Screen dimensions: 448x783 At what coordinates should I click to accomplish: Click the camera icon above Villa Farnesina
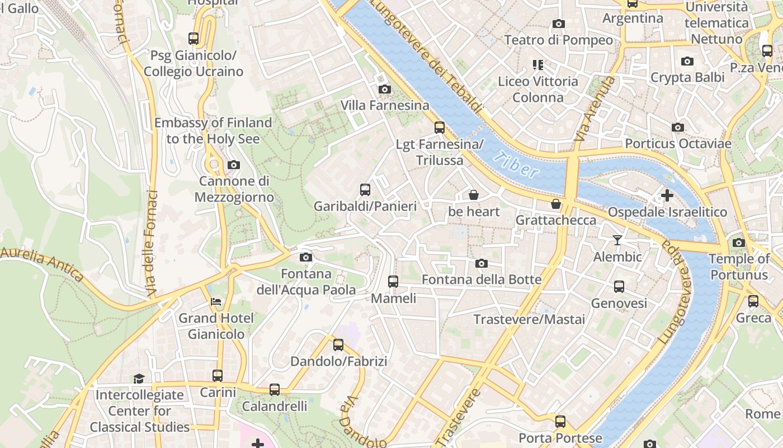click(x=384, y=89)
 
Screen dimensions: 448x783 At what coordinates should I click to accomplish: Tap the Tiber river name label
click(x=517, y=165)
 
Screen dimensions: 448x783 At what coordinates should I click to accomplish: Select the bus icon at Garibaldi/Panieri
click(x=365, y=190)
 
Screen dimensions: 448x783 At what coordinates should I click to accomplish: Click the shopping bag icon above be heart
click(x=474, y=195)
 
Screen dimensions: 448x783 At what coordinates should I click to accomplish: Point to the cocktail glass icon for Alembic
click(x=617, y=240)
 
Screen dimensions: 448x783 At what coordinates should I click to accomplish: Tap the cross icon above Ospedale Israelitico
click(x=667, y=195)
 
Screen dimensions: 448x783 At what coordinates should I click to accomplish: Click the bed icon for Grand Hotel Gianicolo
click(x=216, y=302)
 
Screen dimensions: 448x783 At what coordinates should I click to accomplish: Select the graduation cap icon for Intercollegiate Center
click(x=139, y=379)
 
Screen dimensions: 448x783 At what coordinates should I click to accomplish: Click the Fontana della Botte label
click(x=482, y=279)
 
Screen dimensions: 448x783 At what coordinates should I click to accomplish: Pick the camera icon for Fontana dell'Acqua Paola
click(x=305, y=257)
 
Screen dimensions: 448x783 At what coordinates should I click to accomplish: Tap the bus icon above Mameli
click(x=393, y=282)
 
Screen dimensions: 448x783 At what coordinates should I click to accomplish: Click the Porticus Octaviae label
click(x=678, y=144)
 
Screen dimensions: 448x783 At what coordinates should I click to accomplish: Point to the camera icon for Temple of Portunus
click(x=739, y=242)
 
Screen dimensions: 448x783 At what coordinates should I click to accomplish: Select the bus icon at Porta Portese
click(x=560, y=422)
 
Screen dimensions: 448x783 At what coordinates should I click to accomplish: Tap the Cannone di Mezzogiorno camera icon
click(x=234, y=165)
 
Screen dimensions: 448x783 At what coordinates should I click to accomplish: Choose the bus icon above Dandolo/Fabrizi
click(x=338, y=345)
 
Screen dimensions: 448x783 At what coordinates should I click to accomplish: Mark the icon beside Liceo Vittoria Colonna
click(x=538, y=65)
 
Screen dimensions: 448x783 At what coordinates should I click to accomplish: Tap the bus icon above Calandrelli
click(x=275, y=390)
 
